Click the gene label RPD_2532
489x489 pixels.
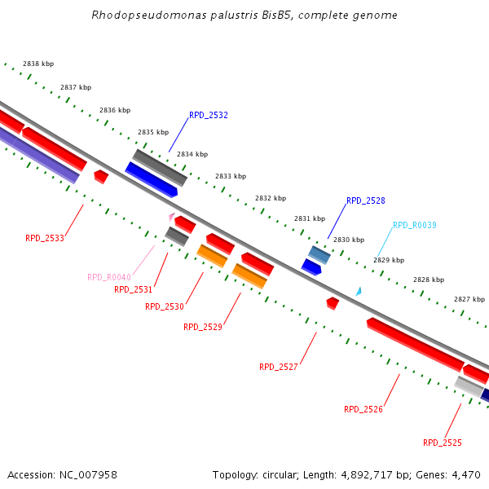[x=209, y=116]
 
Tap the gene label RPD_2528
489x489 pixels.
[x=366, y=200]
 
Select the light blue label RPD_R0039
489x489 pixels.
[x=415, y=226]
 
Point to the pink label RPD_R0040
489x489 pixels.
[x=109, y=277]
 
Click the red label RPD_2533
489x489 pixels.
[x=45, y=239]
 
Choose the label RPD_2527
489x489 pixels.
[x=279, y=367]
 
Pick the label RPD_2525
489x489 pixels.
[x=443, y=443]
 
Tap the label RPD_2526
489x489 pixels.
[x=363, y=409]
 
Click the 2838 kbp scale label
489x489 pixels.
[x=38, y=64]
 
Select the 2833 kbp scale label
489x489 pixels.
[x=231, y=176]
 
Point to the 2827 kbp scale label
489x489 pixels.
[x=469, y=299]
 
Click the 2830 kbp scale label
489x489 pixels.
[x=349, y=240]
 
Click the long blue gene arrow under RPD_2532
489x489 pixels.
[x=152, y=179]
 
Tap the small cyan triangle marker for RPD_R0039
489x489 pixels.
[x=358, y=291]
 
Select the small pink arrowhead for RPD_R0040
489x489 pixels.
[x=171, y=217]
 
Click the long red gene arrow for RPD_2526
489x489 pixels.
[x=415, y=343]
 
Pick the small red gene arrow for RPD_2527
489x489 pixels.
[x=333, y=303]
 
